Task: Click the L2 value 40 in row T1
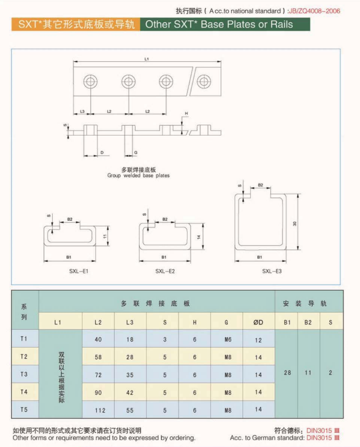tap(98, 339)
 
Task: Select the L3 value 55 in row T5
tap(129, 410)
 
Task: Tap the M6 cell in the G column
tap(228, 339)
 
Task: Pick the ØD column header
tap(258, 323)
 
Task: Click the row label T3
tap(24, 374)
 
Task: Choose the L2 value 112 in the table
tap(100, 410)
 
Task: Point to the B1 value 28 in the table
tap(287, 373)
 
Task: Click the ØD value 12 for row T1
tap(258, 340)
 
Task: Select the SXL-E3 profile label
tap(272, 271)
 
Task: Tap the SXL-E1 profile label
tap(79, 271)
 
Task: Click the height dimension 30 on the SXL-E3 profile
tap(294, 224)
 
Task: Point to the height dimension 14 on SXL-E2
tap(199, 237)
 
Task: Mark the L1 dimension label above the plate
tap(147, 59)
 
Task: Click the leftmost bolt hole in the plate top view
tap(90, 82)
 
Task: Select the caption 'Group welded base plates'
tap(139, 175)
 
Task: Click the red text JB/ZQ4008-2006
tap(315, 11)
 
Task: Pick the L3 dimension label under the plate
tap(82, 111)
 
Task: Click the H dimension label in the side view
tap(186, 113)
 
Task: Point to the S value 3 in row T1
tap(165, 339)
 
